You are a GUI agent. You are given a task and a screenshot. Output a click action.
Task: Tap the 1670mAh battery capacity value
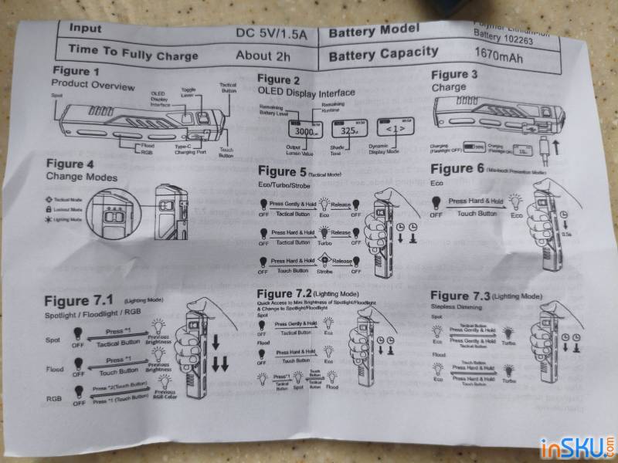tap(494, 53)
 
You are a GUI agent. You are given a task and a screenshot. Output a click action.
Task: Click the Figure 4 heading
tap(76, 164)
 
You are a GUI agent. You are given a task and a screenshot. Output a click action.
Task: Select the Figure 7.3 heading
tap(460, 296)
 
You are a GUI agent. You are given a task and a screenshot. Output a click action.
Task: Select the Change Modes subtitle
tap(82, 177)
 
